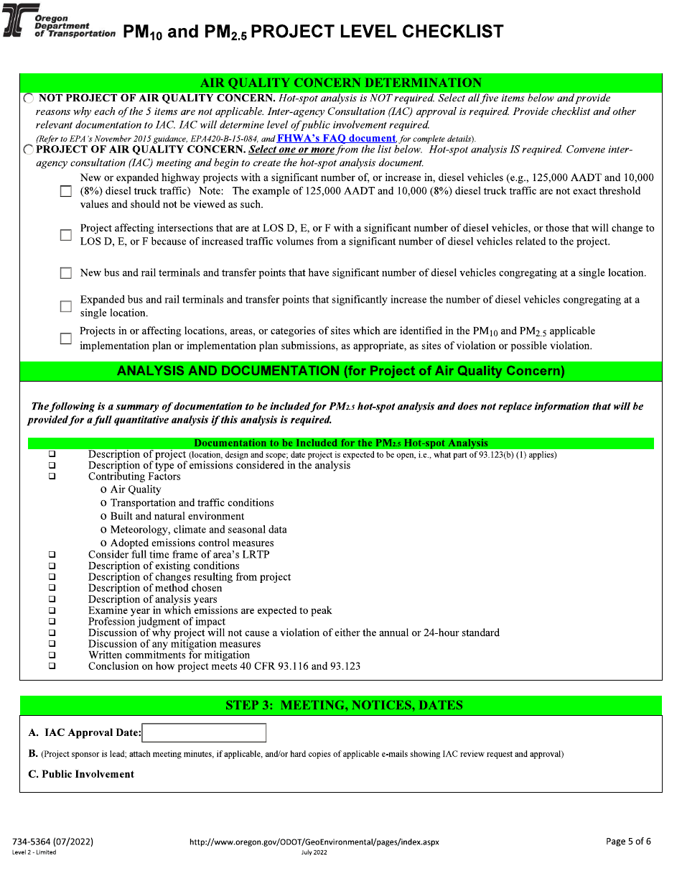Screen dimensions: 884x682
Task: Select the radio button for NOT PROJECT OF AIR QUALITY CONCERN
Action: [x=28, y=98]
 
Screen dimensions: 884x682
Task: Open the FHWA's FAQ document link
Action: [x=336, y=138]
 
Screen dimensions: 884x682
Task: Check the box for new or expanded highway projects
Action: [x=66, y=192]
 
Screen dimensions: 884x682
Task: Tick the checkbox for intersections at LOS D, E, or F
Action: [x=66, y=235]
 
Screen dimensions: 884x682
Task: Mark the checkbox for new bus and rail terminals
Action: [x=66, y=273]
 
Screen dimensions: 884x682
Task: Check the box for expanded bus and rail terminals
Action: [x=66, y=306]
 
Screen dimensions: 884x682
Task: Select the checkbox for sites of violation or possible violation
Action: [x=66, y=339]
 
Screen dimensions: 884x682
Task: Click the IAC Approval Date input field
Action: [x=204, y=733]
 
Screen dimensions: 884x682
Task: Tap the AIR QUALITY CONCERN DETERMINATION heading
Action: [x=341, y=83]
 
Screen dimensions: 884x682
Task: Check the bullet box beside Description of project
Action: [x=52, y=455]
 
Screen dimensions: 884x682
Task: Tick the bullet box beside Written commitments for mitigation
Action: [x=52, y=655]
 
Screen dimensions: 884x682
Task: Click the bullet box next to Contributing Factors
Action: [x=52, y=476]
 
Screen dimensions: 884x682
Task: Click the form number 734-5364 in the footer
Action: [x=52, y=842]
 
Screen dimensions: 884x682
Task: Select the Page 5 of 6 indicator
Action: [x=628, y=842]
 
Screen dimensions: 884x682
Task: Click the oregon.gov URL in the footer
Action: [x=314, y=842]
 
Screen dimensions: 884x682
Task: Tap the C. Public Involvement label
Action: [x=81, y=774]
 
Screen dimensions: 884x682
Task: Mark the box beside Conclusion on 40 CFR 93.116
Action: [x=52, y=666]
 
